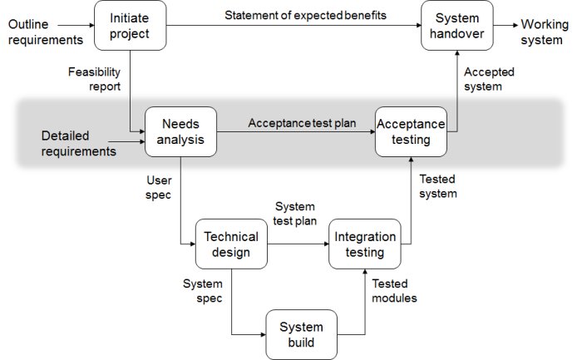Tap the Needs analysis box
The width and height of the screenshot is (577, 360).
coord(180,131)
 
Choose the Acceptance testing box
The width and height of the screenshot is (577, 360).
coord(410,131)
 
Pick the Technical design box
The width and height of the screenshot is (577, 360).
coord(231,244)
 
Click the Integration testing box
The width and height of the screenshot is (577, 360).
coord(365,244)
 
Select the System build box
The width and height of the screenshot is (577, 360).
coord(301,334)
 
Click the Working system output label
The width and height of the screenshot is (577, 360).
coord(545,31)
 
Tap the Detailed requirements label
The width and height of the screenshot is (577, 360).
coord(76,143)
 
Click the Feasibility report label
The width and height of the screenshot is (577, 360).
coord(94,79)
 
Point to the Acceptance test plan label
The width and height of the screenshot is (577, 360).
coord(302,123)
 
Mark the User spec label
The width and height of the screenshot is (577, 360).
coord(158,186)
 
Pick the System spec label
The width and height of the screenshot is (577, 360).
coord(202,291)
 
